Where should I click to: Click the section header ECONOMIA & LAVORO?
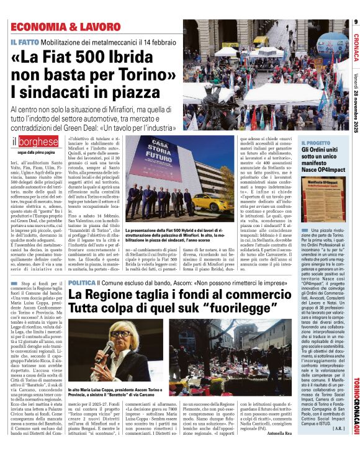click(x=65, y=27)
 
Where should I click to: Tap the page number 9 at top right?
click(x=356, y=23)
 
